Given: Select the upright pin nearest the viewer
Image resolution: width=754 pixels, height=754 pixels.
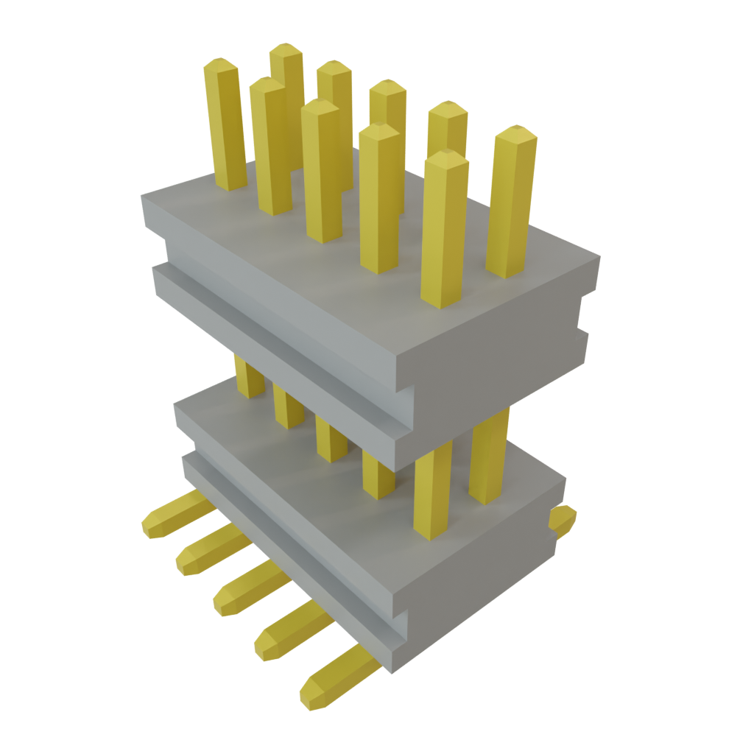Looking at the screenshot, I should [444, 228].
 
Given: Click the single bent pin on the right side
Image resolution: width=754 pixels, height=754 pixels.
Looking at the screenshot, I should [563, 520].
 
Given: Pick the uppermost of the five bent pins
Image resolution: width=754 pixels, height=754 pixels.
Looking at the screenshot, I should [173, 515].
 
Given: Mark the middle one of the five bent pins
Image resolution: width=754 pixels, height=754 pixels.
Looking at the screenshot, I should [247, 589].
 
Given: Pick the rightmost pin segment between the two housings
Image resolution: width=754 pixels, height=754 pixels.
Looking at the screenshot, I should [489, 457].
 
